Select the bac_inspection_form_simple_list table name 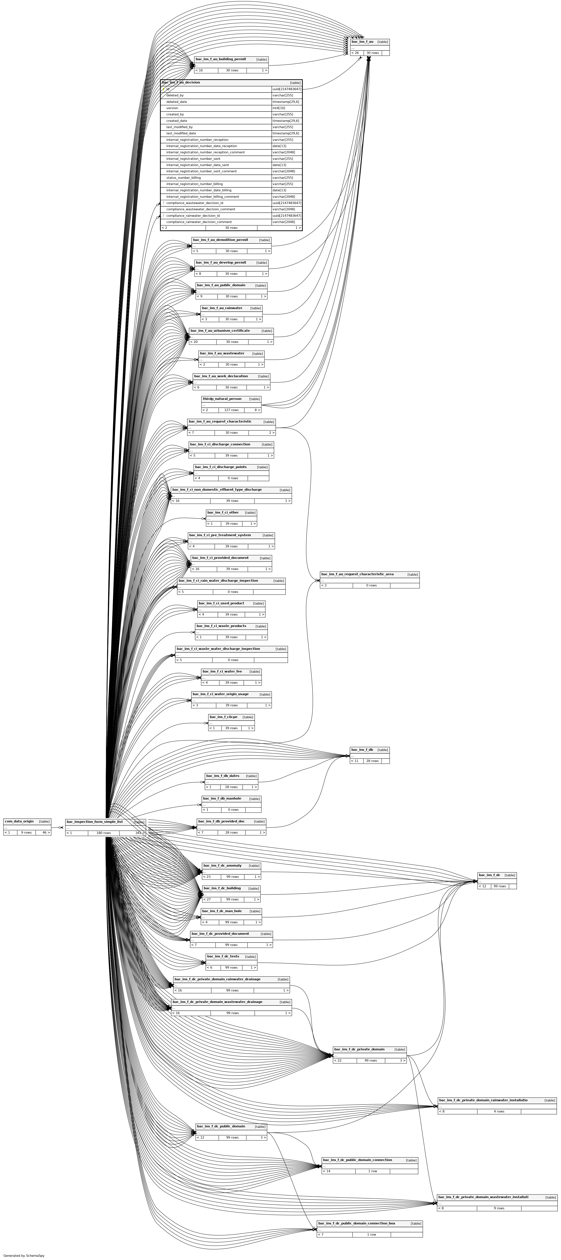coord(95,822)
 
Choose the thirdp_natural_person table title coord(222,399)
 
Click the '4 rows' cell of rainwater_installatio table coord(499,1111)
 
